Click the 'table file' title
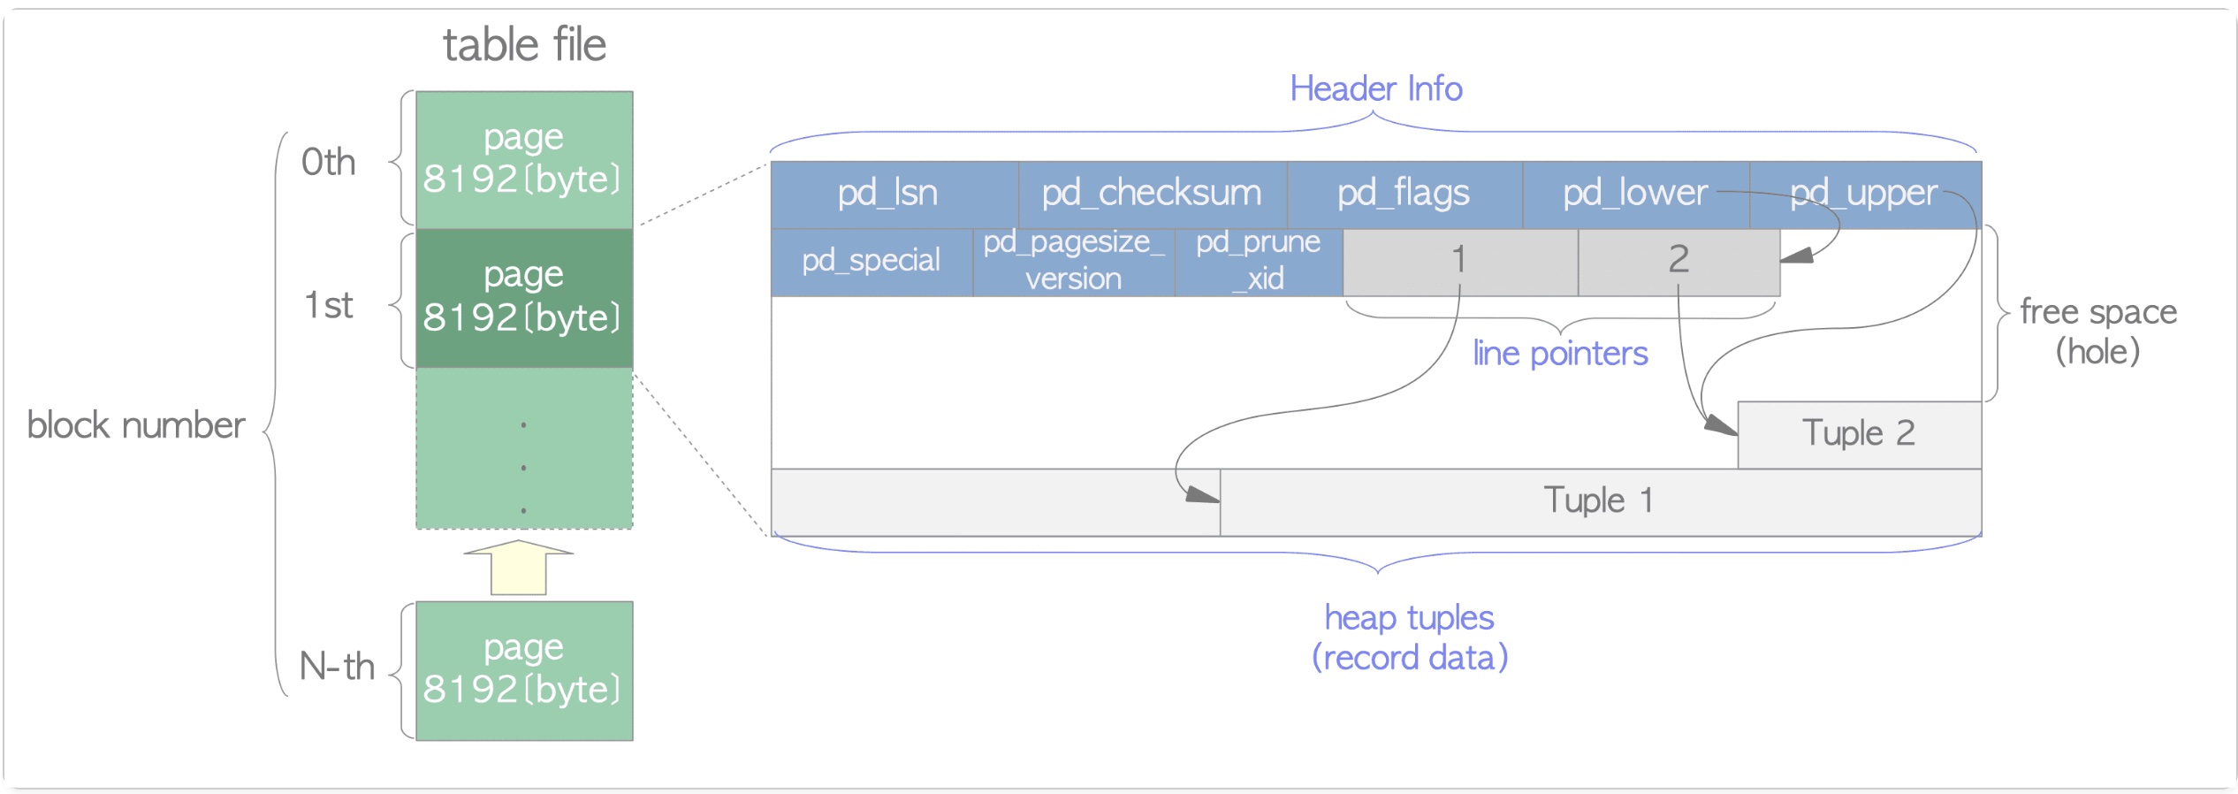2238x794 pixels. [x=524, y=45]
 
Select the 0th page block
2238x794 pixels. [x=524, y=159]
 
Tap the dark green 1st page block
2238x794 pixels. [x=524, y=297]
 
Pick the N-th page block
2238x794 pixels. [x=524, y=670]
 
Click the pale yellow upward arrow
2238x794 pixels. [x=519, y=568]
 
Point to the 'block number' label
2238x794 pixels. [x=136, y=425]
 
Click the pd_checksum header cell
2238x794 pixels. [x=1152, y=194]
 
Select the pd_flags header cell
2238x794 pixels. [x=1404, y=194]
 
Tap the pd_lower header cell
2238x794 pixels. [x=1634, y=194]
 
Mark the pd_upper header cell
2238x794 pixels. [x=1864, y=194]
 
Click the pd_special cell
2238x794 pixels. [x=872, y=261]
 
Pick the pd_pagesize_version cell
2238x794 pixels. [x=1073, y=261]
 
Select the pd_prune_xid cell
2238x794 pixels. [x=1258, y=261]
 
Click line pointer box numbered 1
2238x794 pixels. [x=1459, y=261]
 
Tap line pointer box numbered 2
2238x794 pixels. [x=1678, y=261]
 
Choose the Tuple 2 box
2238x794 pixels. [x=1859, y=434]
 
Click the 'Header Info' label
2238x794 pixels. [x=1376, y=89]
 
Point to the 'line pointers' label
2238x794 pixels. [x=1560, y=354]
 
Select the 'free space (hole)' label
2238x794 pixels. [x=2097, y=332]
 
